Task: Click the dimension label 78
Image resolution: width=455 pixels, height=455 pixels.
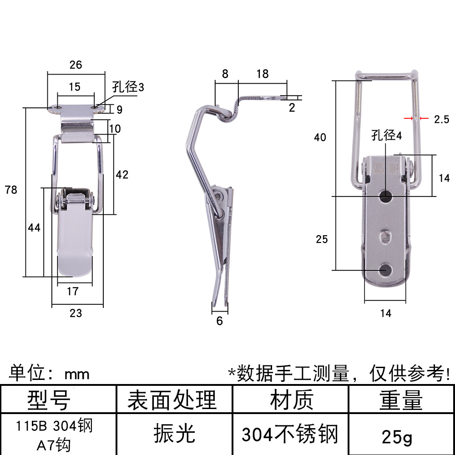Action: click(x=11, y=190)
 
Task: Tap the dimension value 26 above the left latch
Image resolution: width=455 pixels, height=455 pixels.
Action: click(x=76, y=65)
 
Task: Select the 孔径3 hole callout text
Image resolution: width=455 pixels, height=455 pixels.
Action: click(x=128, y=87)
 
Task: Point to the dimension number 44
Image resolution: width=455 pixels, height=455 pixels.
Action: click(x=34, y=228)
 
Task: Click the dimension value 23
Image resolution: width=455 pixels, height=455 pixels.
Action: click(x=76, y=313)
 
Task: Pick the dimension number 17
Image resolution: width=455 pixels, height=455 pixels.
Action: click(x=72, y=291)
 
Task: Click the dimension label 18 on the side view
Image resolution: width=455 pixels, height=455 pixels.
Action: click(x=263, y=74)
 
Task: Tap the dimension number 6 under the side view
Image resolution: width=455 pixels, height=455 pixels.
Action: click(x=220, y=321)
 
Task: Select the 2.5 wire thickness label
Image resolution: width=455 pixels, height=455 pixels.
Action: click(x=441, y=119)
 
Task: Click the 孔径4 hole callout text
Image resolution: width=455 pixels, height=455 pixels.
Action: click(x=386, y=136)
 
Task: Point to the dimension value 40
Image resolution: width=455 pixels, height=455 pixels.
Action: click(x=320, y=137)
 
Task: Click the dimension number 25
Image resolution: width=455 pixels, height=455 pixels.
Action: click(x=322, y=239)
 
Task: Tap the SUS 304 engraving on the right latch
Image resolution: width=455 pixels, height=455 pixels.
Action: click(x=386, y=168)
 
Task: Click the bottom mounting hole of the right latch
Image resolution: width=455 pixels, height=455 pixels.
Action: click(x=386, y=270)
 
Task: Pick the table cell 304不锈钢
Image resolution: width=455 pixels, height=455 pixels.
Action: click(x=290, y=435)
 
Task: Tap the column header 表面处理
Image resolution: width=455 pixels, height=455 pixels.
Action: click(x=172, y=400)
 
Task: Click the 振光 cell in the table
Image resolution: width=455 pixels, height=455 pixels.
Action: click(x=174, y=433)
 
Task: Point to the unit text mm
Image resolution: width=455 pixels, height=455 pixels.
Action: click(x=77, y=374)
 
